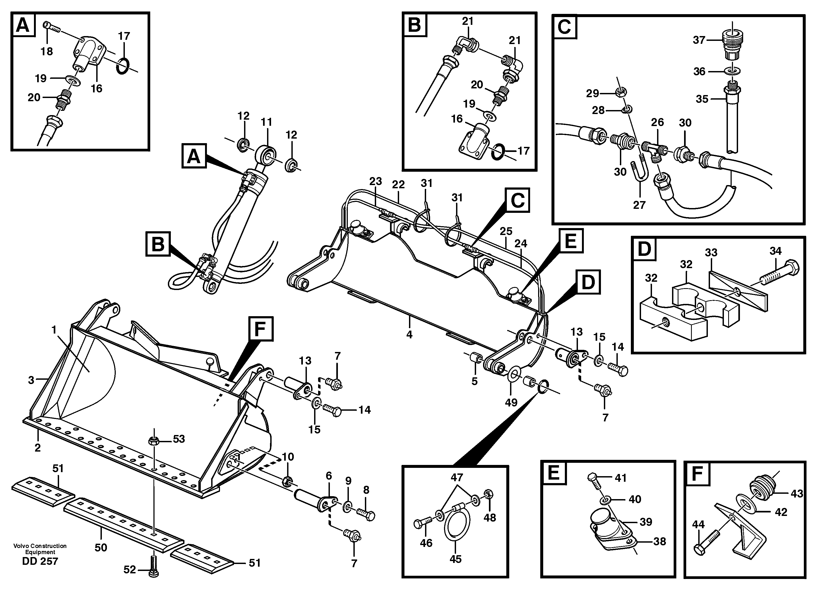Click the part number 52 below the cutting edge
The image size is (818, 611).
tap(129, 570)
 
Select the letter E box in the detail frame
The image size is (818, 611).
tap(554, 473)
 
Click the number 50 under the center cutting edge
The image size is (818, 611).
tap(101, 547)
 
